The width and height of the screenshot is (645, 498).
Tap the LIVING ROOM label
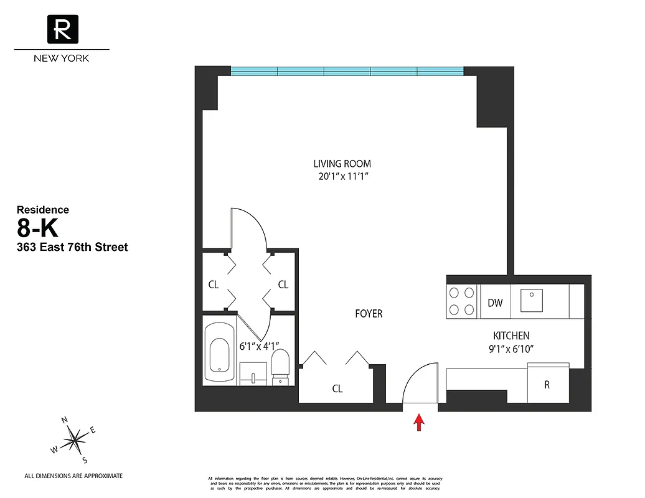[342, 164]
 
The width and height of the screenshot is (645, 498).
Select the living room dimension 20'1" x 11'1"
[342, 176]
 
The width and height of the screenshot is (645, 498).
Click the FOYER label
[369, 314]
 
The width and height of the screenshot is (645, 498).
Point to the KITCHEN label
[511, 336]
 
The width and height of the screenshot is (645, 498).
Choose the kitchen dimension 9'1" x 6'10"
[511, 349]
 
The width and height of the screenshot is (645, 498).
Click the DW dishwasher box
[495, 303]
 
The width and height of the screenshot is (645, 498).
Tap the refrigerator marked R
[547, 385]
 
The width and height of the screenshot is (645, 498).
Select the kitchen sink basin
[532, 299]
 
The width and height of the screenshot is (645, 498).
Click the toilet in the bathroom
[281, 365]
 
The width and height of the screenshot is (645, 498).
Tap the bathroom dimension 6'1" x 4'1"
[260, 345]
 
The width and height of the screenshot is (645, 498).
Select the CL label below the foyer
[337, 389]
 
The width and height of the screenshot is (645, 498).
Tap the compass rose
[74, 441]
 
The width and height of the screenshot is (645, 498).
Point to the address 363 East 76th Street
[72, 247]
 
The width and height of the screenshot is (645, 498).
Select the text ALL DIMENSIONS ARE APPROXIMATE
[73, 476]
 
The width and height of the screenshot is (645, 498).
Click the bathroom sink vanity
[253, 373]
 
